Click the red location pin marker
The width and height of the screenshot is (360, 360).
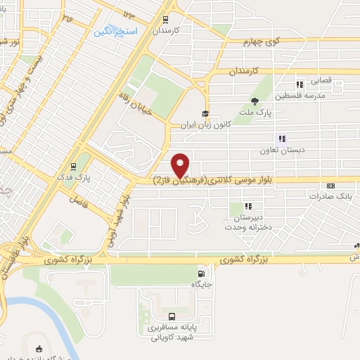tap(181, 165)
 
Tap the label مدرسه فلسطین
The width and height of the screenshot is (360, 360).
tap(300, 96)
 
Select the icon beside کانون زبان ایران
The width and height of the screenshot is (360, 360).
tap(205, 115)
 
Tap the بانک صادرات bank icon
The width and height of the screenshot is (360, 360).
tap(330, 186)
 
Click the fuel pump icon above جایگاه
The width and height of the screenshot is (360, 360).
tap(202, 274)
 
